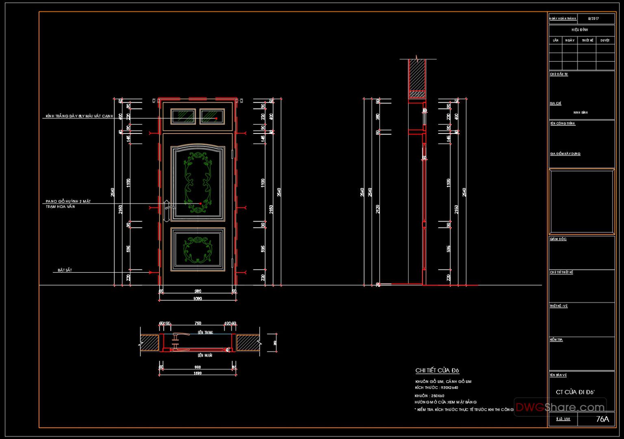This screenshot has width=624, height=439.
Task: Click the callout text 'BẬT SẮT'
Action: pos(65,270)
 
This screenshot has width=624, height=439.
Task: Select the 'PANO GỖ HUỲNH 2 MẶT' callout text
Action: pos(68,201)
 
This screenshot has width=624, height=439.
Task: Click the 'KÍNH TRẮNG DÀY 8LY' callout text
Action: pos(79,116)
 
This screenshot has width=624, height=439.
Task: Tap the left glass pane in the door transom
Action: pos(184,116)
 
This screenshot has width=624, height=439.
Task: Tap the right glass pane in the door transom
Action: pos(212,116)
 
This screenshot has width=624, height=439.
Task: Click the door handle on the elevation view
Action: pos(167,211)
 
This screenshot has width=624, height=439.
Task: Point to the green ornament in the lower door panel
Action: pos(198,248)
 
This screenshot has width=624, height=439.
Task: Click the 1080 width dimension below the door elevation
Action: pos(198,299)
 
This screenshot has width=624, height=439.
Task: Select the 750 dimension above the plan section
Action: pos(198,323)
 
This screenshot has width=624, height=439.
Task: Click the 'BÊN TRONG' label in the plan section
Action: pos(205,333)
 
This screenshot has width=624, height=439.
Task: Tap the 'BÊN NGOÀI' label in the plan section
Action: pos(205,355)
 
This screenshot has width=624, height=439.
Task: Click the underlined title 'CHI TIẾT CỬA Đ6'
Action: pos(437,370)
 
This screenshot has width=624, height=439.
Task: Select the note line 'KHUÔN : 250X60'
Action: pos(429,396)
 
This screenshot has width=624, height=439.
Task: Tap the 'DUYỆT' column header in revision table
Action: pos(605,41)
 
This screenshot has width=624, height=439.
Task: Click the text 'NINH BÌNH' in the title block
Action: pos(581,112)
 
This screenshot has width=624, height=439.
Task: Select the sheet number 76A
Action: pos(602,419)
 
